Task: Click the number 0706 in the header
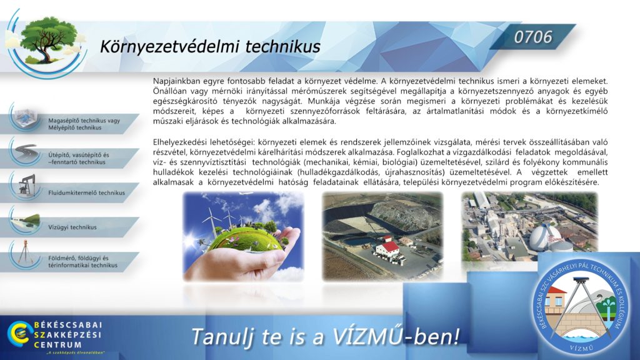533,37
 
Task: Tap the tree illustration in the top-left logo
48,40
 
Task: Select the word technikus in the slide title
283,46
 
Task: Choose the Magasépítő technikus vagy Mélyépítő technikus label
84,124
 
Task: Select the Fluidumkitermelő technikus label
86,192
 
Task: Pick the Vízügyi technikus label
72,227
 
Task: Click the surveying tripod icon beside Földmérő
25,252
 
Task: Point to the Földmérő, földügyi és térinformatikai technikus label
83,262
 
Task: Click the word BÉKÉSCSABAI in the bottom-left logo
67,325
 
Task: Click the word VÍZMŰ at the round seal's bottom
582,348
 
